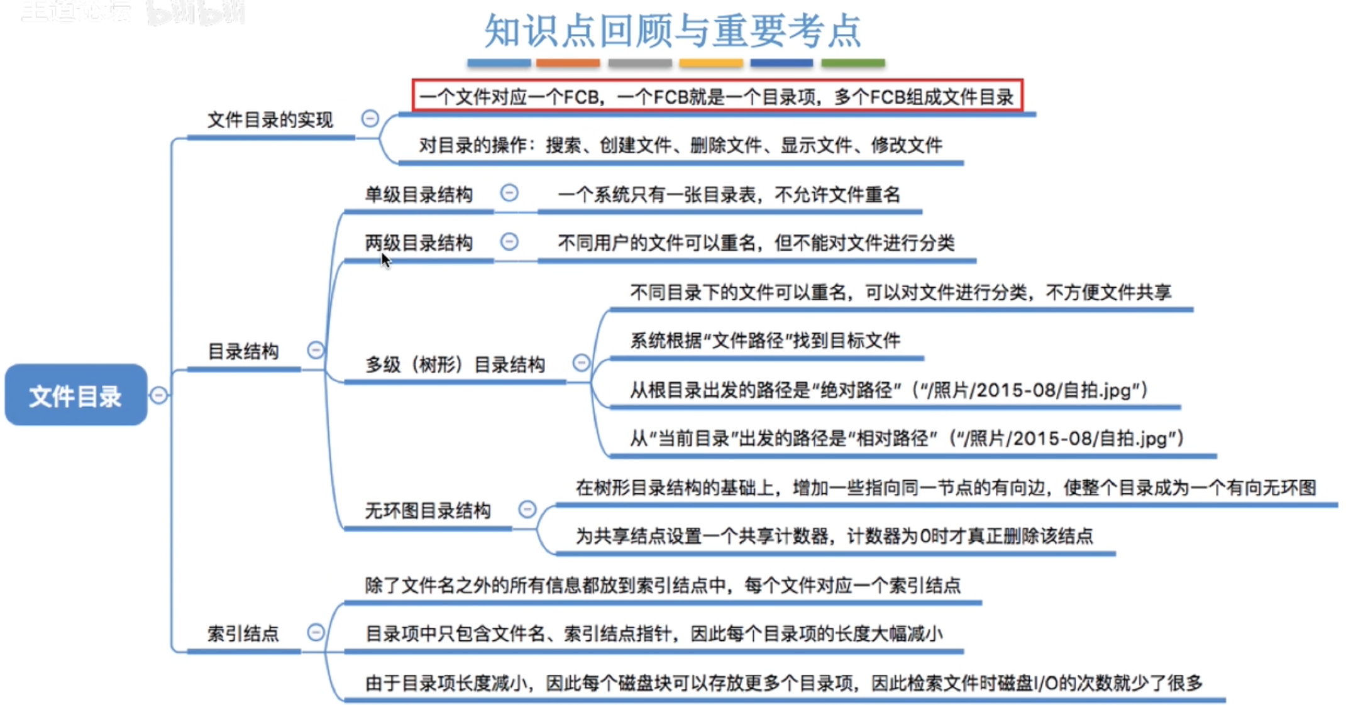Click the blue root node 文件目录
tap(75, 395)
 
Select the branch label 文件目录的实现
tap(270, 119)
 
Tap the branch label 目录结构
tap(243, 351)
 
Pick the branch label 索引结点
tap(243, 633)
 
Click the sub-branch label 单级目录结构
tap(419, 194)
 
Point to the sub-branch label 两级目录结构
tap(419, 243)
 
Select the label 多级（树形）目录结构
tap(455, 364)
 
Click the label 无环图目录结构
tap(428, 510)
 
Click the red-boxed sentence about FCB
tap(717, 96)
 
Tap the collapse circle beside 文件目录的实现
tap(370, 118)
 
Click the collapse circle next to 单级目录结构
tap(509, 193)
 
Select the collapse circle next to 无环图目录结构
tap(527, 509)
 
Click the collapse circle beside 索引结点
tap(316, 632)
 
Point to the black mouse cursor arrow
tap(385, 260)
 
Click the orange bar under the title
tap(568, 63)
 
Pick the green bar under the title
tap(853, 63)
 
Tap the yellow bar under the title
tap(711, 63)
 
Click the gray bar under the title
tap(640, 63)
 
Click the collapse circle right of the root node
tap(159, 395)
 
